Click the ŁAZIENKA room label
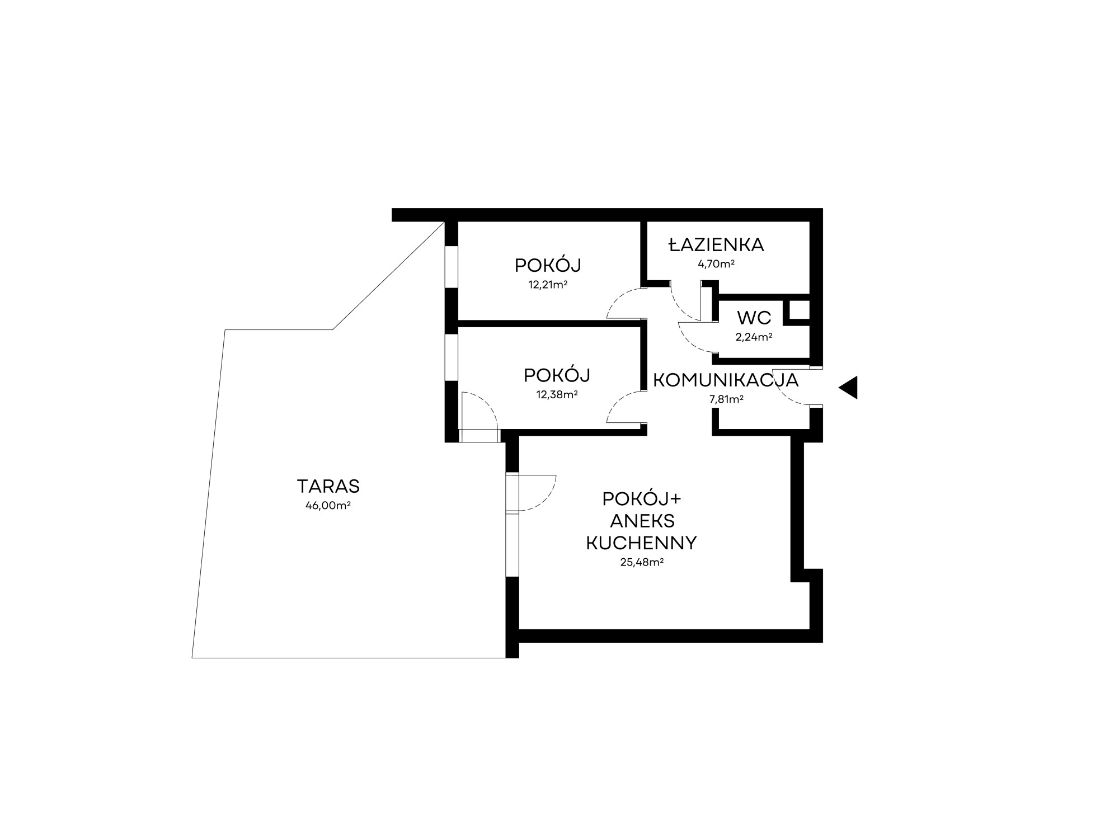tap(717, 244)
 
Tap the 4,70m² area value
tap(716, 264)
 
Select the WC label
tap(754, 318)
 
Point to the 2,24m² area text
tap(754, 337)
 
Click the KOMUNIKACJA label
tap(726, 380)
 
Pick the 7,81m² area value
tap(726, 399)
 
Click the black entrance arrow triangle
tap(848, 388)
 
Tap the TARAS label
tap(328, 487)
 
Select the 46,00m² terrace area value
tap(328, 506)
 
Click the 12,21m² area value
tap(548, 285)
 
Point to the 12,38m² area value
tap(557, 394)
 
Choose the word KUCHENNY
tap(641, 543)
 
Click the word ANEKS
tap(642, 521)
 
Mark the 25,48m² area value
tap(642, 563)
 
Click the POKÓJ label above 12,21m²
tap(548, 265)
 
